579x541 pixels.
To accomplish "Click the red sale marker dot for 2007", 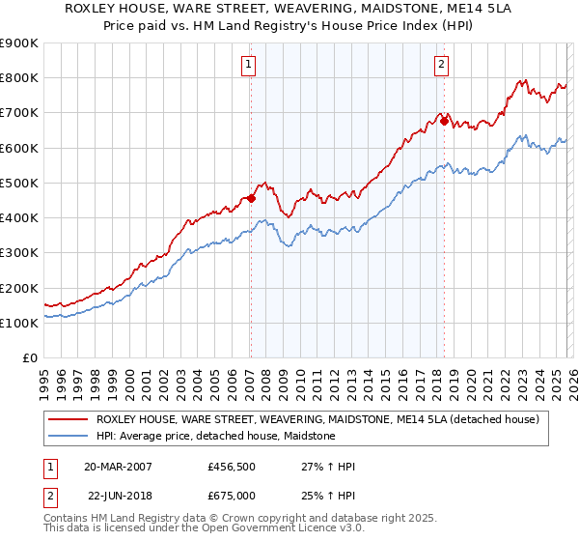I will coord(251,198).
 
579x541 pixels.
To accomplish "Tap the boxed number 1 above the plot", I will coord(248,65).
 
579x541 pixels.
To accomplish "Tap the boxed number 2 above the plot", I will coord(441,65).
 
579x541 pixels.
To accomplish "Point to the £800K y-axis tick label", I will coord(18,78).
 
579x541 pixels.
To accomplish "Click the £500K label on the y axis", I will coord(18,183).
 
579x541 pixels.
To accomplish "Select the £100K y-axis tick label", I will coord(18,323).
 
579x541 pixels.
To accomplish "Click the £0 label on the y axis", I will coord(31,357).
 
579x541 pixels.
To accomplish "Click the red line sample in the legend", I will coord(68,420).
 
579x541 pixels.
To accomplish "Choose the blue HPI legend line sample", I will coord(68,436).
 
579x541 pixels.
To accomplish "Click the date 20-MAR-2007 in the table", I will coord(118,467).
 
